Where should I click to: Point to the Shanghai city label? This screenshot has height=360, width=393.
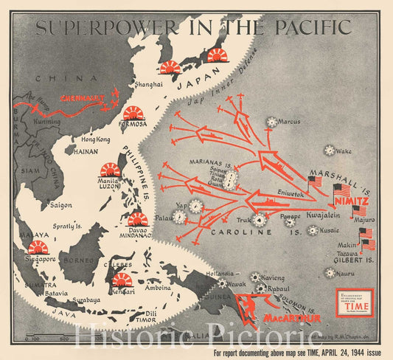click(148, 85)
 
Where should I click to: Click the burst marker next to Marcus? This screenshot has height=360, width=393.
click(273, 122)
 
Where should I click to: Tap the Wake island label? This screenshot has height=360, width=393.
click(344, 151)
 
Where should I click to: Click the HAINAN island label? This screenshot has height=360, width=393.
click(86, 151)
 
